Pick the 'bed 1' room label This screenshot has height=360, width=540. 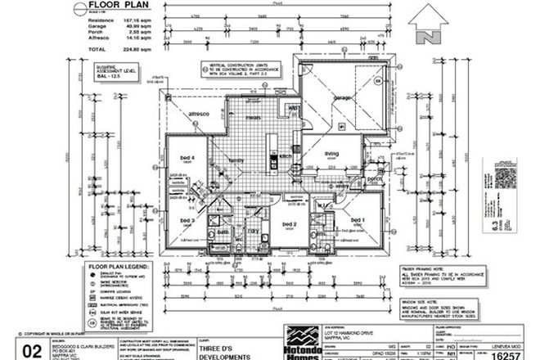358,219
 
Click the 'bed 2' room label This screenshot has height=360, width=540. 289,223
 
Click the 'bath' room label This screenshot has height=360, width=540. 220,232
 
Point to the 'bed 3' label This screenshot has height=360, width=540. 186,221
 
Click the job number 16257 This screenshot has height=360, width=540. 511,348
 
